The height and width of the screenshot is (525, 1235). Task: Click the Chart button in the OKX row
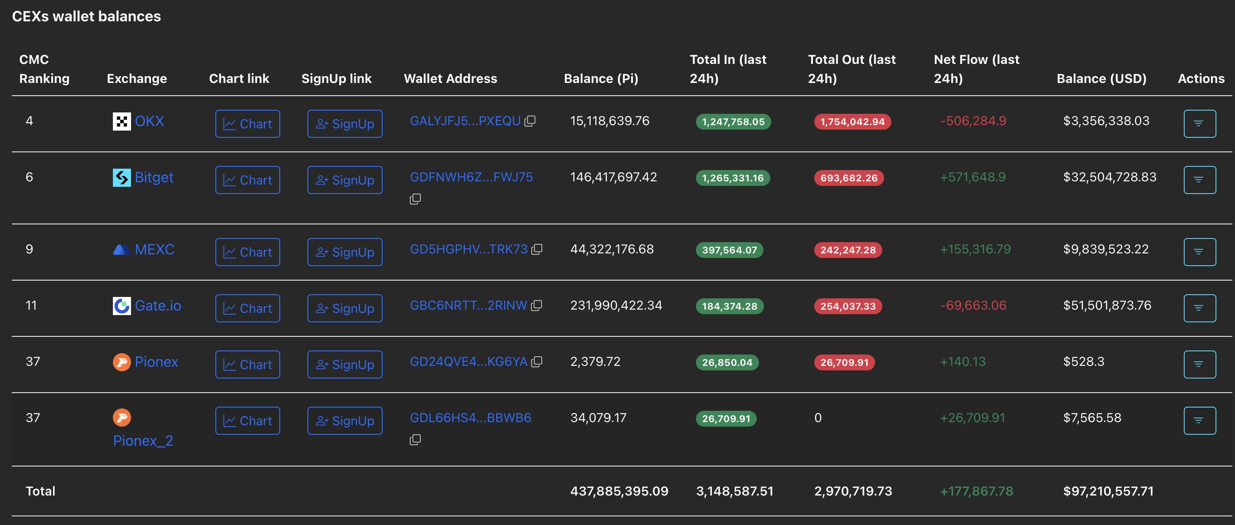click(x=248, y=124)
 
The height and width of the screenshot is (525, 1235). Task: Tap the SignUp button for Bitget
click(x=345, y=180)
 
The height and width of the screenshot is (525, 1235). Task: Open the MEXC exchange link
click(x=154, y=249)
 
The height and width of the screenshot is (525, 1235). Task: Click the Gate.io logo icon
click(x=122, y=306)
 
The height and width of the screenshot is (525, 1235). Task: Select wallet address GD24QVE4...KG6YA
click(x=468, y=361)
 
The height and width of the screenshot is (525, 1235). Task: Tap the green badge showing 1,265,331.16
click(x=733, y=178)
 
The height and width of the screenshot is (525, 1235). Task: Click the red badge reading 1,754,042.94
click(x=852, y=122)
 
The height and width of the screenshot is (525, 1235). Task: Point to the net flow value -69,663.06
click(x=973, y=306)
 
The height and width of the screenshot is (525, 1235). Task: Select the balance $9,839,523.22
click(x=1105, y=249)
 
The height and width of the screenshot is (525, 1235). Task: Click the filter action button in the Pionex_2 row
click(x=1199, y=420)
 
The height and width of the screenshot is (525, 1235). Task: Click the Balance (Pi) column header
click(x=601, y=78)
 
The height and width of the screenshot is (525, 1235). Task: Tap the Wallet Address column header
click(x=450, y=78)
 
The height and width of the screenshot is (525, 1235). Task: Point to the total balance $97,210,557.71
click(x=1108, y=491)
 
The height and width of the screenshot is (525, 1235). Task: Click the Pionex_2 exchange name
click(x=143, y=441)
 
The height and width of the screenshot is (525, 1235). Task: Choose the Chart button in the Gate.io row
click(x=248, y=308)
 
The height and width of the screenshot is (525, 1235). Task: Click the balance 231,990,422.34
click(x=616, y=306)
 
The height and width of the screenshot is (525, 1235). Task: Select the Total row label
click(x=41, y=491)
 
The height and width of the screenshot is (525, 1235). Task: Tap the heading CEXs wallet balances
click(x=86, y=16)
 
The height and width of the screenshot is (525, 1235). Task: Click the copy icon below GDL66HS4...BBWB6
click(x=415, y=440)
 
